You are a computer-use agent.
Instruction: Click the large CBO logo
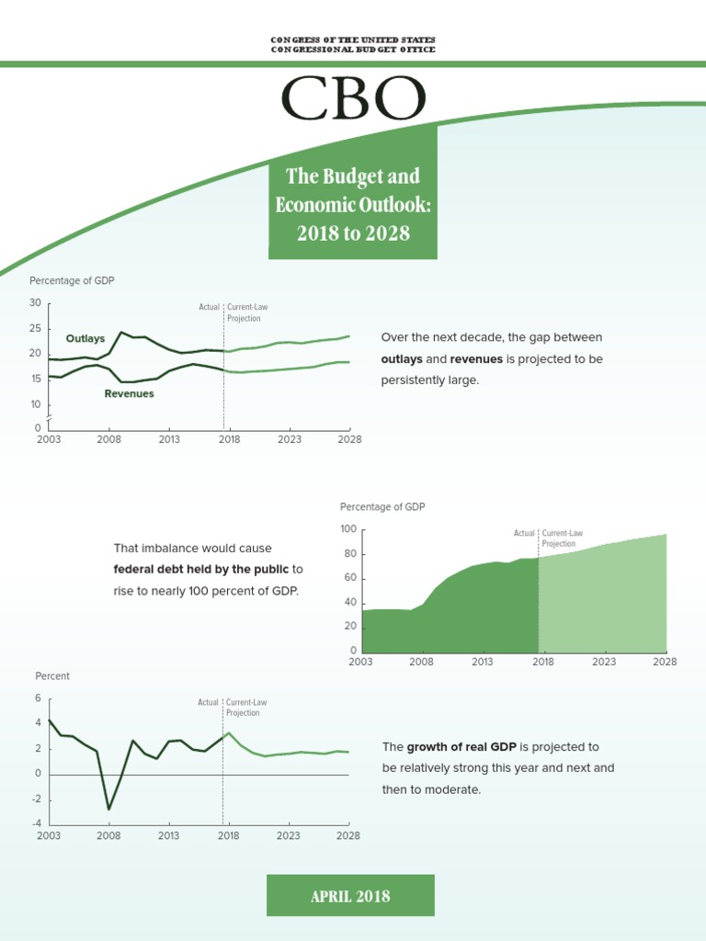coord(353,97)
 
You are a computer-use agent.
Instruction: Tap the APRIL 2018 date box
coord(350,895)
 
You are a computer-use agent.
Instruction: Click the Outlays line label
coord(85,338)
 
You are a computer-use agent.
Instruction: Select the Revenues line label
coord(129,393)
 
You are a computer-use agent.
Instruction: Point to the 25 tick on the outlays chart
coord(36,328)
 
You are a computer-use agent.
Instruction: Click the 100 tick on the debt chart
coord(348,528)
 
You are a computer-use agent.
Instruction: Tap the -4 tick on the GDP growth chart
coord(36,823)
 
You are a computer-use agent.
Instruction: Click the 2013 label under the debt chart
coord(482,662)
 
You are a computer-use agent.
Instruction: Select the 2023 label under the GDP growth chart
coord(288,835)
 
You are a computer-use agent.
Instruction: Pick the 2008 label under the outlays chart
coord(108,439)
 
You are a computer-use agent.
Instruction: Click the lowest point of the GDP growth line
coord(108,809)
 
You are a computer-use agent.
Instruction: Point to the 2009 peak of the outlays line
coord(121,332)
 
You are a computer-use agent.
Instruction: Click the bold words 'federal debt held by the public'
coord(201,569)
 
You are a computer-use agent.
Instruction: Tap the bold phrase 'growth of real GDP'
coord(461,746)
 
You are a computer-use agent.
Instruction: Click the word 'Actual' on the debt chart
coord(524,533)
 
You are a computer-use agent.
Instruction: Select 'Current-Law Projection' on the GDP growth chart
coord(246,708)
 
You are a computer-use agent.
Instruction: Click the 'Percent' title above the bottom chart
coord(52,675)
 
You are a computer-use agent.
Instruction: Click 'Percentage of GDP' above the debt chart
coord(382,506)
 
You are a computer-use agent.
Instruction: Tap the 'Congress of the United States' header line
coord(353,40)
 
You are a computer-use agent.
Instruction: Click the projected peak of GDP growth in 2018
coord(229,732)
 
